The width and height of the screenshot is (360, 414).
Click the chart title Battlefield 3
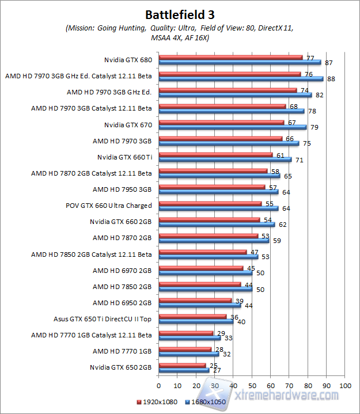180,14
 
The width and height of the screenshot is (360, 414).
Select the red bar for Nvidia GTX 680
230,58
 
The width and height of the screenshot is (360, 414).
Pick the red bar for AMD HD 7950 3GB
211,187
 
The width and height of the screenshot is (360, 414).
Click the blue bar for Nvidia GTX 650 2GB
184,370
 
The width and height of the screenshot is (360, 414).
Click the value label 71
299,160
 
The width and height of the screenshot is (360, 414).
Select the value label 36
234,317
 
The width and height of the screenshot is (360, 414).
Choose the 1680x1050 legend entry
206,402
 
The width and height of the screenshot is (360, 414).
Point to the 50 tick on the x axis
252,385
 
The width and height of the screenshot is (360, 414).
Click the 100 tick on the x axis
345,385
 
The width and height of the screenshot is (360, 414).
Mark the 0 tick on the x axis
158,385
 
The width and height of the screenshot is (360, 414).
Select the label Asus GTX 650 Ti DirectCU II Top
102,318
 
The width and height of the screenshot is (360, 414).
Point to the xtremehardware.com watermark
288,396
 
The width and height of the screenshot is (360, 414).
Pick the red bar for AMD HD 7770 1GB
185,349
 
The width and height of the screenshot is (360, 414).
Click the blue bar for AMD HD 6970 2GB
205,273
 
